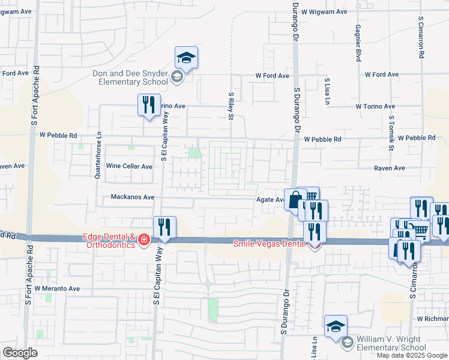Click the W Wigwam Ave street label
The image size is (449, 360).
coord(325,11)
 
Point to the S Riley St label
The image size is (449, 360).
coord(231,106)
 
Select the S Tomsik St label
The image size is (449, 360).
coord(391,134)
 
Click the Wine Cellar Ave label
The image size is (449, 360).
coord(128,166)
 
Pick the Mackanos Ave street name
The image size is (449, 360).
coord(133,197)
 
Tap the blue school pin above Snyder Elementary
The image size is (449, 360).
coord(186,58)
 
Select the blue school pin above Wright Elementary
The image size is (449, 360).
coord(336,326)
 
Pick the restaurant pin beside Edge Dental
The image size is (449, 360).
coord(164,227)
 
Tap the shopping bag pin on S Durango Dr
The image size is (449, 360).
coord(295,200)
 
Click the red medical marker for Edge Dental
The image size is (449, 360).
coord(143,241)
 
